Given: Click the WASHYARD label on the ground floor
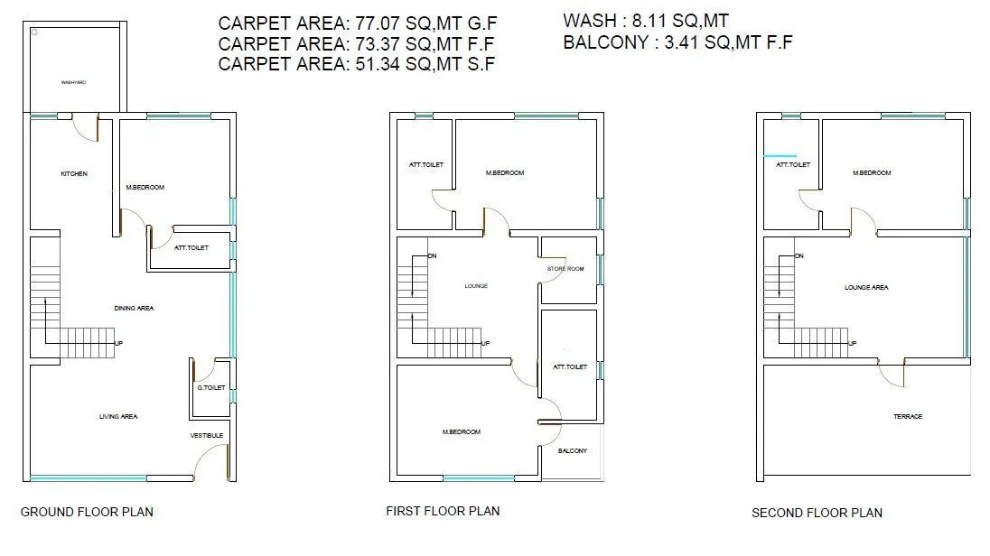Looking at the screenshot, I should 73,82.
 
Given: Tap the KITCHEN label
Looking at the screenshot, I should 74,173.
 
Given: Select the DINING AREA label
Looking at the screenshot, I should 134,309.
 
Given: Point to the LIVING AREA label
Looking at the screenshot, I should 118,416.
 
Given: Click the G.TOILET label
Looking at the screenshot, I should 211,388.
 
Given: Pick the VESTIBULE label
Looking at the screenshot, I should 207,436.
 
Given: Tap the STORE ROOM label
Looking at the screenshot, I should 565,269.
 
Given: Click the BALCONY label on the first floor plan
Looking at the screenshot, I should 573,450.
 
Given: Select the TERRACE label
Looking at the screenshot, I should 908,416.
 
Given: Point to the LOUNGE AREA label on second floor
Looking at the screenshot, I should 866,288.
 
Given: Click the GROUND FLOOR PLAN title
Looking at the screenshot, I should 87,512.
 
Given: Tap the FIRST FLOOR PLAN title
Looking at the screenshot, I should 443,511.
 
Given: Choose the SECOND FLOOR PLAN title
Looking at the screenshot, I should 817,513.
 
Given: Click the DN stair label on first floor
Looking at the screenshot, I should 432,256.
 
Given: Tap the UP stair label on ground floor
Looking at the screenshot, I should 118,343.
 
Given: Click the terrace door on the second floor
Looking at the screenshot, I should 892,372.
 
